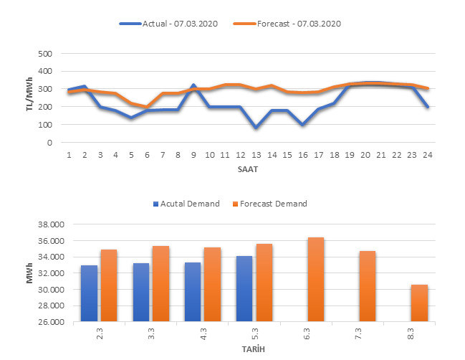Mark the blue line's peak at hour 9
tap(193, 85)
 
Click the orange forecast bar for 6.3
tap(315, 280)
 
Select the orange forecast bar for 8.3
tap(419, 303)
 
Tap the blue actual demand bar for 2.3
tap(89, 294)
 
